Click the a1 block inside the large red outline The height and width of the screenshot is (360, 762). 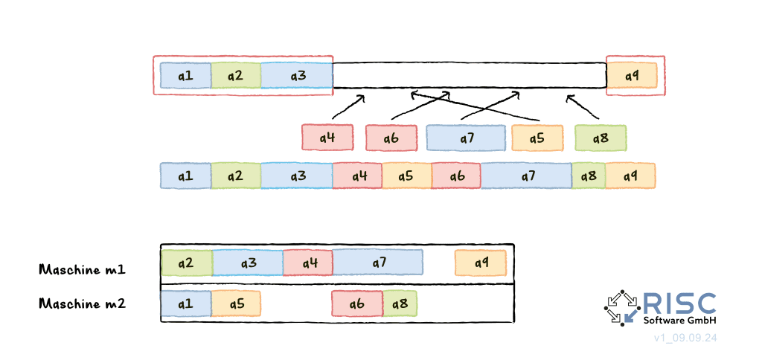(x=185, y=76)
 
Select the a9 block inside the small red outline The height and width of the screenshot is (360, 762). (x=631, y=76)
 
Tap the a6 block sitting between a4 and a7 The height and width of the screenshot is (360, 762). (x=391, y=138)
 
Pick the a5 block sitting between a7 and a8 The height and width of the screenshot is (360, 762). (x=537, y=138)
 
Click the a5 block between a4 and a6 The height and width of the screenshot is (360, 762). (x=406, y=176)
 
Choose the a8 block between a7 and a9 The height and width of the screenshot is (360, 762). (x=588, y=176)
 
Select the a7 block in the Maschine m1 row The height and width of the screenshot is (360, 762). (x=378, y=263)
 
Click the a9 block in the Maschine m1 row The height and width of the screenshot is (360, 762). (x=481, y=263)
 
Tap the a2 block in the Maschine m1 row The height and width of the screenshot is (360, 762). (x=186, y=263)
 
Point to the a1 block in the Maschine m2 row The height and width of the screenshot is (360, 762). (x=186, y=303)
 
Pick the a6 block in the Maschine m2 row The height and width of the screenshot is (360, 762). (x=357, y=303)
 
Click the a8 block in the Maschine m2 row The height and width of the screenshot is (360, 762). (x=400, y=303)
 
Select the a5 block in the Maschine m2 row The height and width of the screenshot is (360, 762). (x=236, y=303)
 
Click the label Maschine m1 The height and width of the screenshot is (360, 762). (x=82, y=269)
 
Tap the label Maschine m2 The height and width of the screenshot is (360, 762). (x=82, y=303)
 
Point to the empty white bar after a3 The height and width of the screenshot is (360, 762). (x=469, y=75)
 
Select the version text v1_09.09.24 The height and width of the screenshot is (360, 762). (x=685, y=338)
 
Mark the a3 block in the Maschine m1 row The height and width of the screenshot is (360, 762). (x=248, y=263)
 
